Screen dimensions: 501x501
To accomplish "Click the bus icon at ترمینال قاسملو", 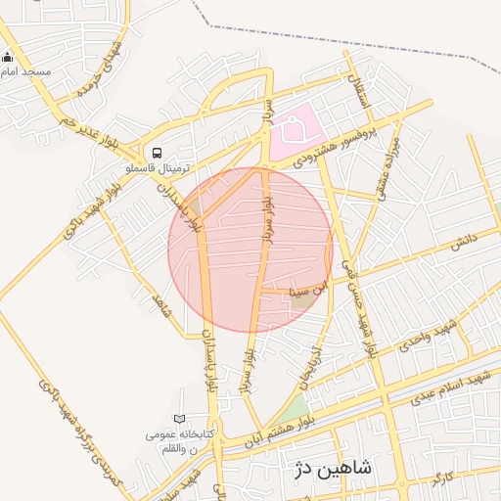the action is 157,153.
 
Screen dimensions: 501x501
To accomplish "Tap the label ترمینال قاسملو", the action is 157,168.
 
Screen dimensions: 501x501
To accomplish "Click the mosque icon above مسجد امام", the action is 9,58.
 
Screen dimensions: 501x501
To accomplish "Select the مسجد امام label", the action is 26,73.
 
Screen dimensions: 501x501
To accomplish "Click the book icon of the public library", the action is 178,420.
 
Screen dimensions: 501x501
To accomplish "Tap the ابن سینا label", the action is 311,291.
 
